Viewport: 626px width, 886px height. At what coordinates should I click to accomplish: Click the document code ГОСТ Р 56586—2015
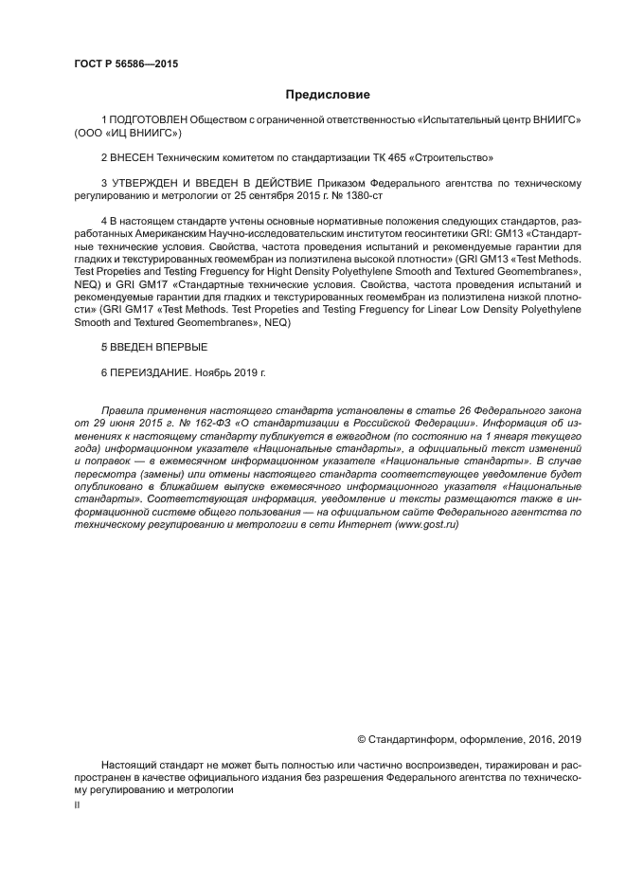coord(125,64)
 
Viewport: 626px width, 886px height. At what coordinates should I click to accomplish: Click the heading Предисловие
coord(328,95)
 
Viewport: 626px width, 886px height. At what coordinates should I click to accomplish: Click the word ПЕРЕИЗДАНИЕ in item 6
coord(150,372)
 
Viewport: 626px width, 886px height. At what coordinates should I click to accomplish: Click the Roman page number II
coord(77,804)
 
